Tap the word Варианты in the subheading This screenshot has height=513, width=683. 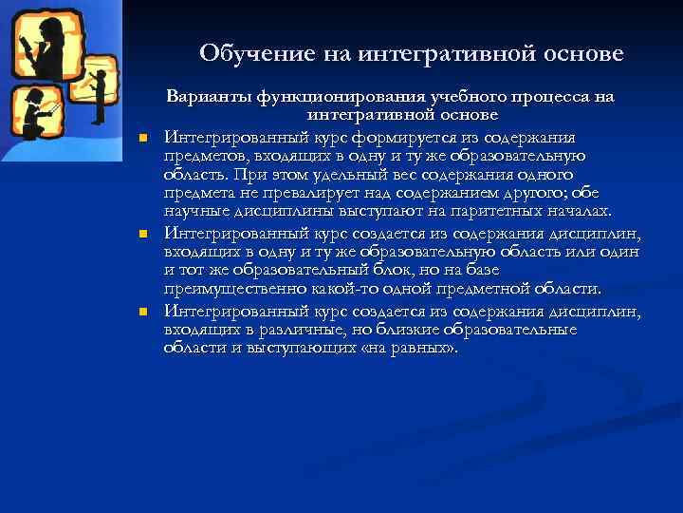pos(208,97)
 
